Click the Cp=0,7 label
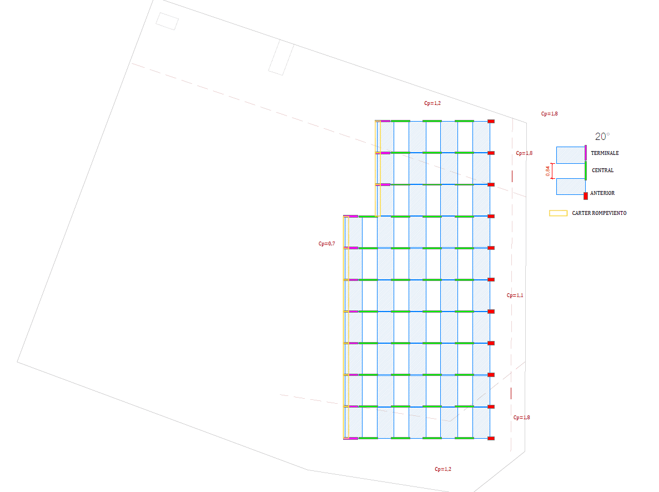pos(326,243)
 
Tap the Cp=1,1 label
pos(515,295)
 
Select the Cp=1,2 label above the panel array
pos(432,103)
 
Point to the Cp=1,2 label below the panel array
pos(442,469)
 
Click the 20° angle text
pos(602,136)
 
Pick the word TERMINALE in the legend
pos(605,153)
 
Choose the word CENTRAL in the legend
pos(602,170)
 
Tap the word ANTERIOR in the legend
pos(602,193)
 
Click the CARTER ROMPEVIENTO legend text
pos(599,213)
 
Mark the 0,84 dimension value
pos(548,172)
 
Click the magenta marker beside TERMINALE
pos(586,154)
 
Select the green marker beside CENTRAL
pos(586,171)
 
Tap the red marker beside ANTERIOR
pos(586,195)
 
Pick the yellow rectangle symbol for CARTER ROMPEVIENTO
pos(558,213)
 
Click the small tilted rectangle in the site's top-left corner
pos(167,21)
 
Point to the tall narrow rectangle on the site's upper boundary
pos(281,59)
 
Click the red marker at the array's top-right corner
pos(491,121)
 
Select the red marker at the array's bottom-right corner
pos(491,439)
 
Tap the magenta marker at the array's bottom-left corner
pos(350,439)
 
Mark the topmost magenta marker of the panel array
pos(383,121)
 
